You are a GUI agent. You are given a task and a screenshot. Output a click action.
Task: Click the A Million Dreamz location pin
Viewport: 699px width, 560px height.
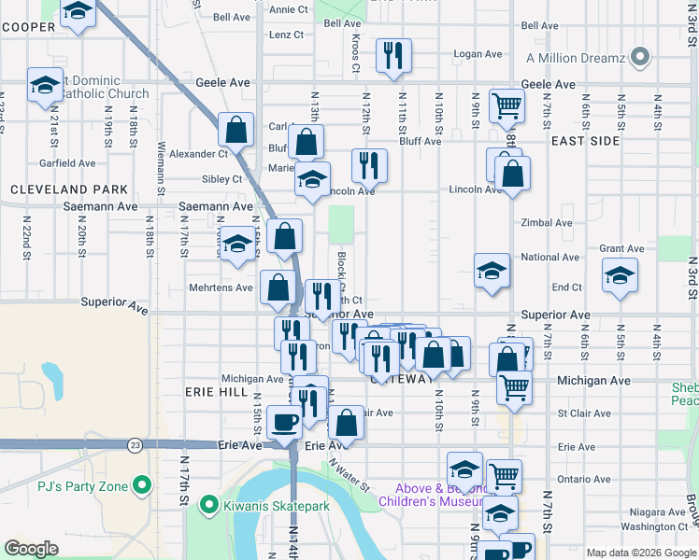[x=639, y=58]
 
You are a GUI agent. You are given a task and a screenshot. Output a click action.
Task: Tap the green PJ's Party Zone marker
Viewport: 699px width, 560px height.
[x=141, y=484]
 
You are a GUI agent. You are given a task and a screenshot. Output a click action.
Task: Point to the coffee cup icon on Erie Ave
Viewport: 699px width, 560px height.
[x=285, y=422]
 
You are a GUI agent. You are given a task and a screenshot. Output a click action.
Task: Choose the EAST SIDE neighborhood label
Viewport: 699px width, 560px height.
[x=585, y=140]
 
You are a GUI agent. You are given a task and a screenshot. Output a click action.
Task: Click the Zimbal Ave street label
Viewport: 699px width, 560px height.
[x=547, y=223]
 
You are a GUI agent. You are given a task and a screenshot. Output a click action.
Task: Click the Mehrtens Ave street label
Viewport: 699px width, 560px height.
[x=221, y=287]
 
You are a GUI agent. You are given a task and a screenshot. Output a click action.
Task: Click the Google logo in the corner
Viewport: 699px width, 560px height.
[x=32, y=549]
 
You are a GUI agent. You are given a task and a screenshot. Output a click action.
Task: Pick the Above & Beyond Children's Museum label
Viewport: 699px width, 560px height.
[x=434, y=495]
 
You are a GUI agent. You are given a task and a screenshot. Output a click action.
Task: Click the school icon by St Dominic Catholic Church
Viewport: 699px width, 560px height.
[x=45, y=85]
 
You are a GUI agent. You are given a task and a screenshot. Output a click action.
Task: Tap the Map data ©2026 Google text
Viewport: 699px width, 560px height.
[x=640, y=553]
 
